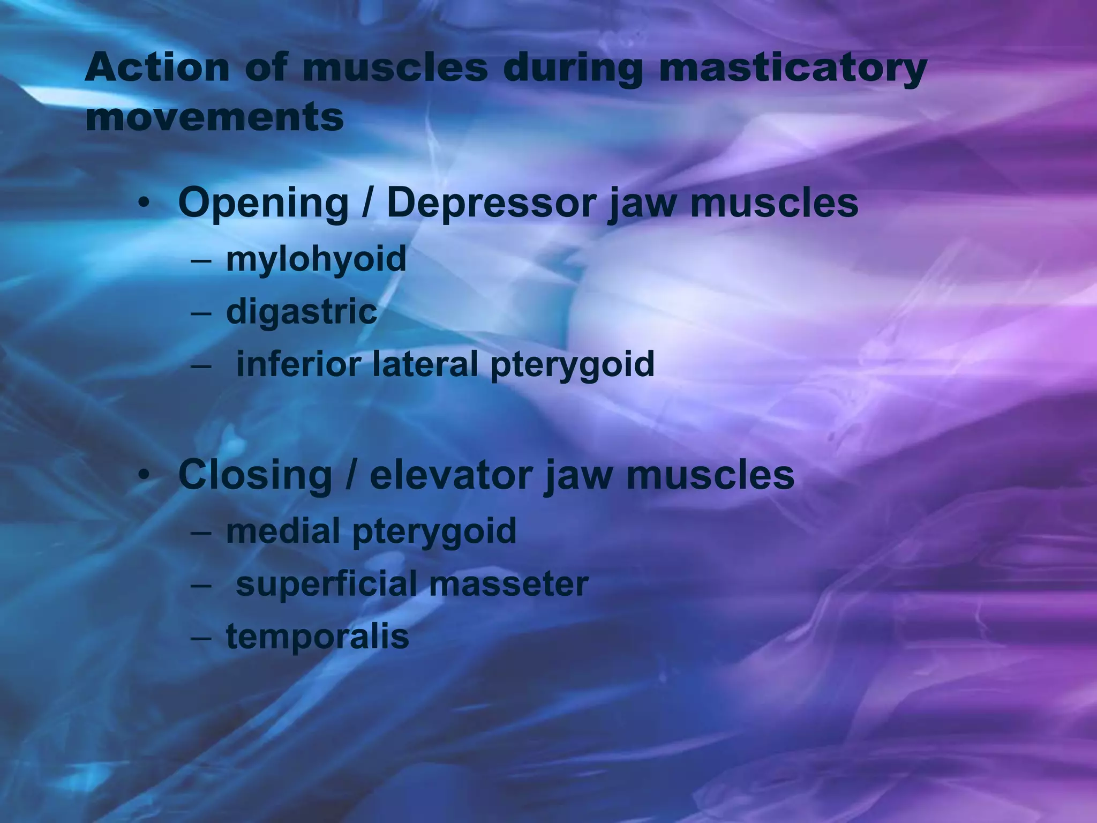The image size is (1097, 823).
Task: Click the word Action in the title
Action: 156,68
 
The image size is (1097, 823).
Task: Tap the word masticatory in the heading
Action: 792,68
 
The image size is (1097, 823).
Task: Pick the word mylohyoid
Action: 316,259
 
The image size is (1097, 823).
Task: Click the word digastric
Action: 302,312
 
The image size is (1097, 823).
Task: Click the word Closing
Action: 255,475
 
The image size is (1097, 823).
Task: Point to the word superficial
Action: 326,583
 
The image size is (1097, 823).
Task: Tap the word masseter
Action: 509,583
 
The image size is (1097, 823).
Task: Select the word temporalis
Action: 317,637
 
